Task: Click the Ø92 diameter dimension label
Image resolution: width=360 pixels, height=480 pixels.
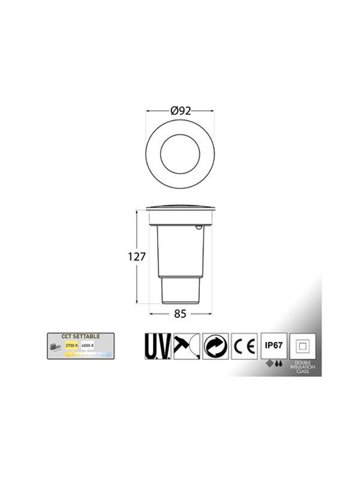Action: [x=181, y=110]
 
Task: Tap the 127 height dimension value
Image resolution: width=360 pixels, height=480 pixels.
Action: [x=137, y=256]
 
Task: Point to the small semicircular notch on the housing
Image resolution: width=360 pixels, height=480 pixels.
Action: [x=199, y=227]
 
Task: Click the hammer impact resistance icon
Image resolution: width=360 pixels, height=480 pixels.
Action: [x=187, y=346]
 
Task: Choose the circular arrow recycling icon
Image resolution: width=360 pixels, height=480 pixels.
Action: [x=215, y=347]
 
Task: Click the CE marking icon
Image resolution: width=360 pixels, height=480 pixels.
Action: [x=244, y=347]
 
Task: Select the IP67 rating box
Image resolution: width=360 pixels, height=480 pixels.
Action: [x=272, y=346]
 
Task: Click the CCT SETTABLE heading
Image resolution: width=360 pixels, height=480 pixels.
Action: [x=82, y=337]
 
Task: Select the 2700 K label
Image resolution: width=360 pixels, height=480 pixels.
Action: [x=72, y=347]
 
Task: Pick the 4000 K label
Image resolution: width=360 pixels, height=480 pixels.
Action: [x=89, y=347]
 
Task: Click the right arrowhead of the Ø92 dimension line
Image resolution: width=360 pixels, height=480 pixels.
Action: [x=212, y=110]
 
